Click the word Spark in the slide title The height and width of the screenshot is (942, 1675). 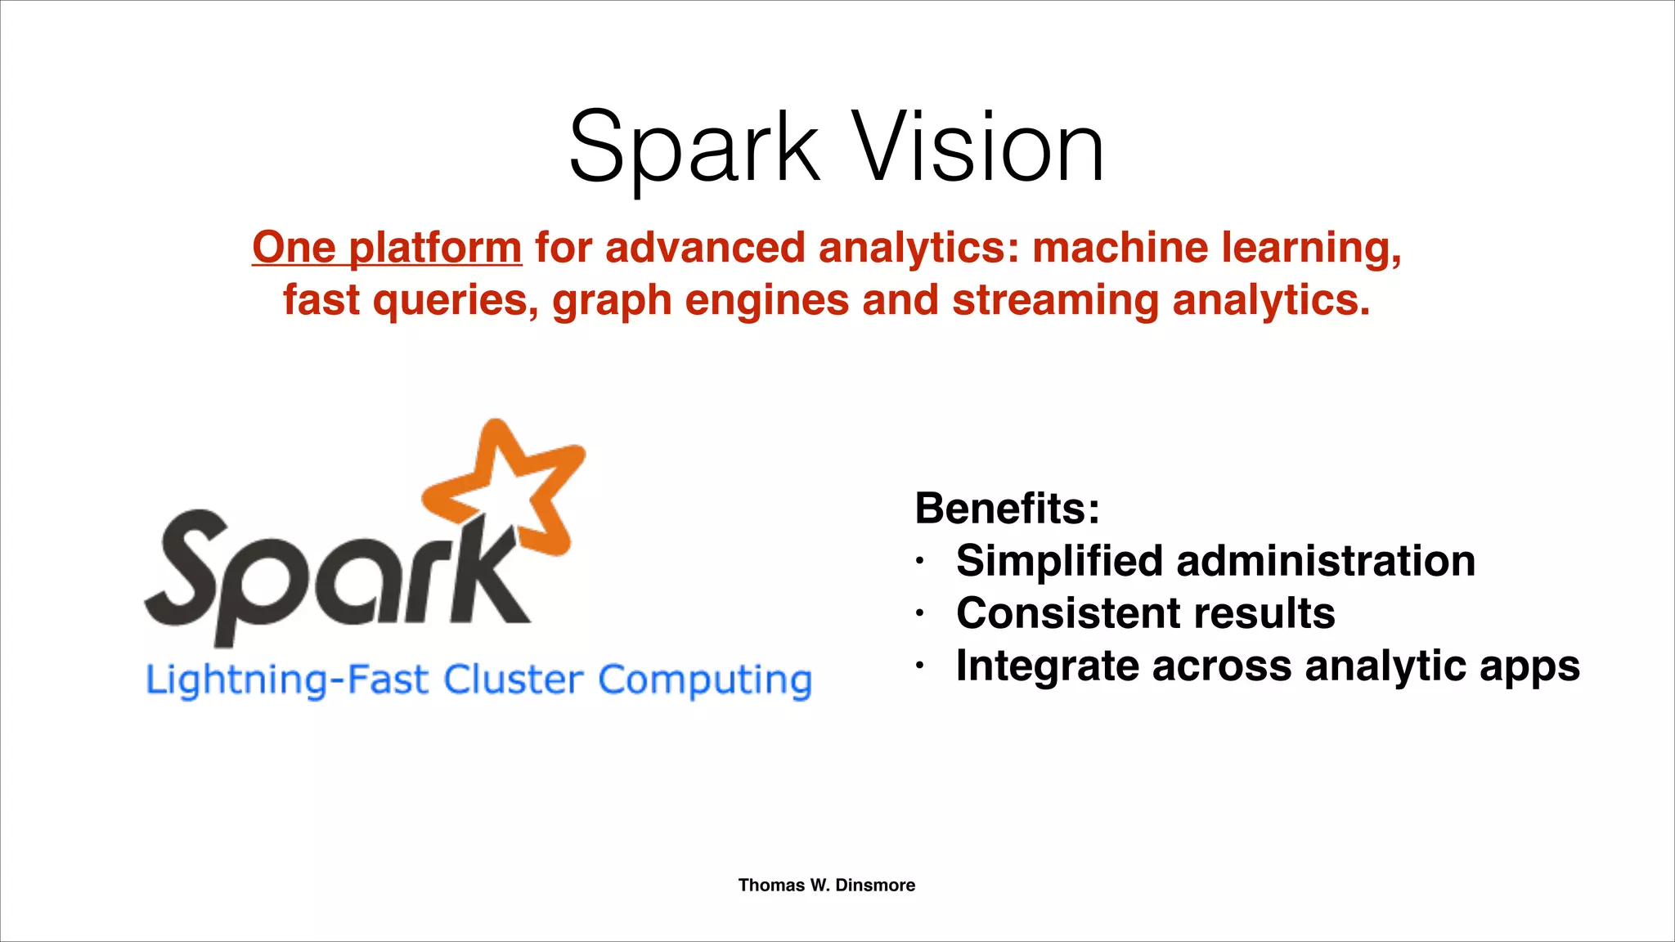(694, 150)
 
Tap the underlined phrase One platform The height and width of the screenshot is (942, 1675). (387, 247)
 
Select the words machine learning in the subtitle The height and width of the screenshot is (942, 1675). (1216, 247)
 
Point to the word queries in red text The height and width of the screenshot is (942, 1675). (455, 299)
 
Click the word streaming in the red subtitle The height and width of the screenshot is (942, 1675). (1055, 299)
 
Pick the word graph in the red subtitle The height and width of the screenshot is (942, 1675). (612, 301)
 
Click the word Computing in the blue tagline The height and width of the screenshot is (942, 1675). (705, 680)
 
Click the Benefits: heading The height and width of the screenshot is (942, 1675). (1007, 509)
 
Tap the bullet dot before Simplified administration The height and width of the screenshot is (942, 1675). (920, 562)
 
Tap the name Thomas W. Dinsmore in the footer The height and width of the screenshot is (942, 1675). (826, 885)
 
